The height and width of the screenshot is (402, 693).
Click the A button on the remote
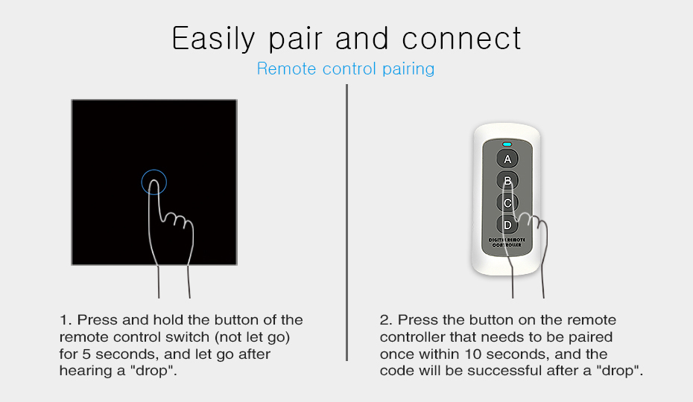507,159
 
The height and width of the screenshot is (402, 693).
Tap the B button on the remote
507,181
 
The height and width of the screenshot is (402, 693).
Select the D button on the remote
507,225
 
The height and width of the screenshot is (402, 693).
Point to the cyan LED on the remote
507,144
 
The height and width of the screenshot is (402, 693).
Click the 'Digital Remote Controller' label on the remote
507,242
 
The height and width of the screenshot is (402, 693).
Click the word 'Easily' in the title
213,39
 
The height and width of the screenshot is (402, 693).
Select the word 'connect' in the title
461,39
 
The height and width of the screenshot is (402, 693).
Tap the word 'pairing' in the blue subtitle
408,69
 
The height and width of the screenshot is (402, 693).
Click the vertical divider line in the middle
347,223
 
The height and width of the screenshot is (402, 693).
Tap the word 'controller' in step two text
412,337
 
